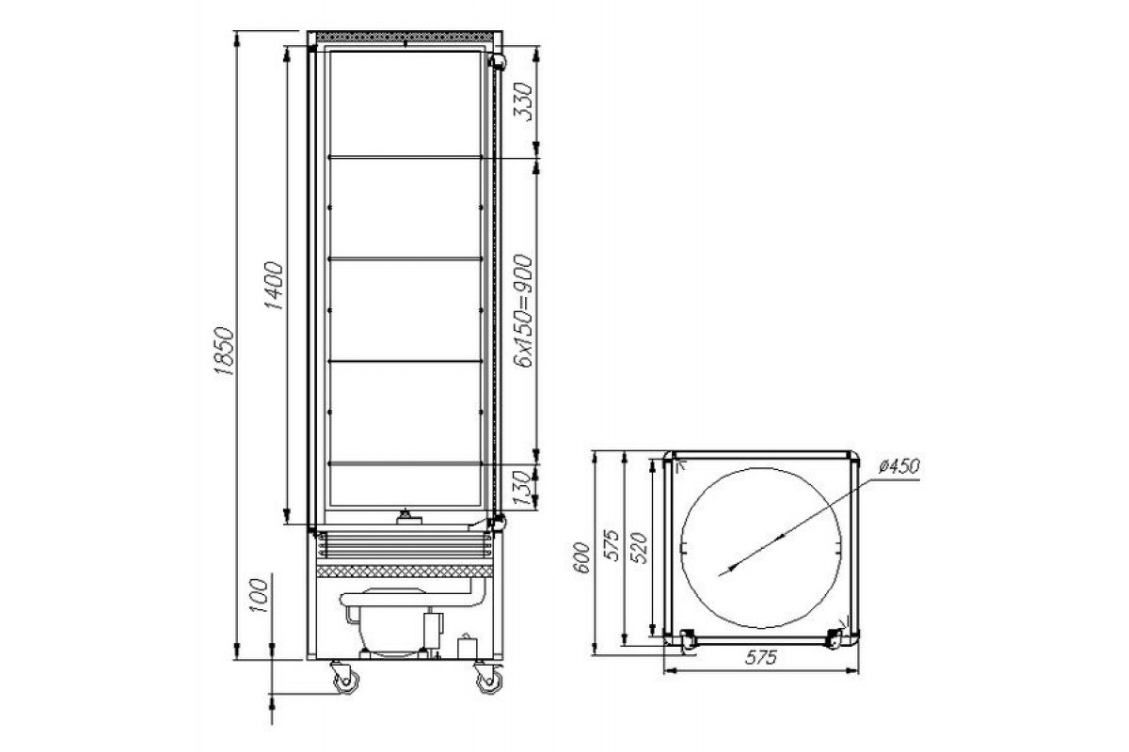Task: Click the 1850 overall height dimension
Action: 224,351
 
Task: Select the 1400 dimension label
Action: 274,285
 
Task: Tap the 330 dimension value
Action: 523,102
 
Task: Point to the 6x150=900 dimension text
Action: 523,311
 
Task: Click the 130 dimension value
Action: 523,488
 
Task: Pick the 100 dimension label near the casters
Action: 259,595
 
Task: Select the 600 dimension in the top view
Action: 581,557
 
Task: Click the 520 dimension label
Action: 639,547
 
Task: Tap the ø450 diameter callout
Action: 899,465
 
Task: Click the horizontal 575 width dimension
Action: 760,657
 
